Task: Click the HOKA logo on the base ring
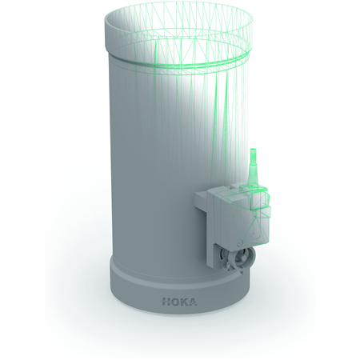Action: (x=179, y=302)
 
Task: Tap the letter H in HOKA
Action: (x=166, y=302)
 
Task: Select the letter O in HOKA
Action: (x=174, y=302)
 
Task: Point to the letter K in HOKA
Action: (x=183, y=302)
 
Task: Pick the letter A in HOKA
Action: (x=193, y=302)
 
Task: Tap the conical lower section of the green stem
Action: (x=252, y=173)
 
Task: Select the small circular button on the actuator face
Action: (x=240, y=242)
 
